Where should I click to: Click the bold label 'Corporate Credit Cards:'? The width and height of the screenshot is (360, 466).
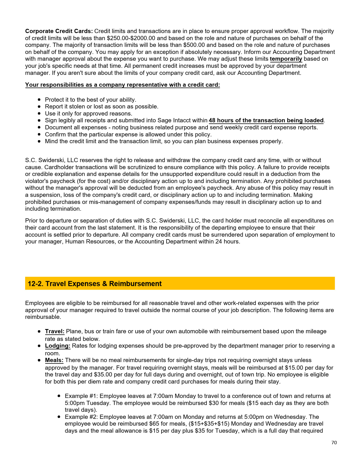point(59,31)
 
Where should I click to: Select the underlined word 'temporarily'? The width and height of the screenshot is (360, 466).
point(286,59)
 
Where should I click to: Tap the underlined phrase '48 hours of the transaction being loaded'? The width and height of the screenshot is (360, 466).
point(266,120)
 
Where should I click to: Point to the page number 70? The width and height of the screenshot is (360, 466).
point(334,443)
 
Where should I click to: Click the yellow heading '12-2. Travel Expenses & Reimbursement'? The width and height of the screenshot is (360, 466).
point(95,284)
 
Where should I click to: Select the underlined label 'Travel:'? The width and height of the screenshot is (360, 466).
point(54,331)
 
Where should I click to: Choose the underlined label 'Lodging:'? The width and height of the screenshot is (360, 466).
point(58,346)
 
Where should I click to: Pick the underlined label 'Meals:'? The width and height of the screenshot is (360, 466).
point(54,360)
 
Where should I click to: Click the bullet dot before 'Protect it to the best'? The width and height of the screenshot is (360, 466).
point(39,100)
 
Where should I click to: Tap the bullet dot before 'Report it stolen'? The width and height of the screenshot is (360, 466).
point(39,106)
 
